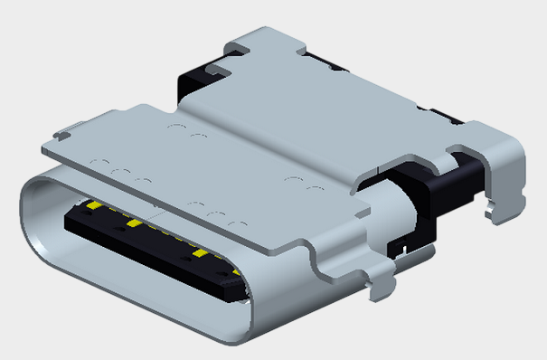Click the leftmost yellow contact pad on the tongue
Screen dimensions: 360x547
pyautogui.click(x=94, y=206)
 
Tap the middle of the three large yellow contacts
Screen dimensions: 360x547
pyautogui.click(x=133, y=223)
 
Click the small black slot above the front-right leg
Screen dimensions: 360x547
pyautogui.click(x=397, y=244)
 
